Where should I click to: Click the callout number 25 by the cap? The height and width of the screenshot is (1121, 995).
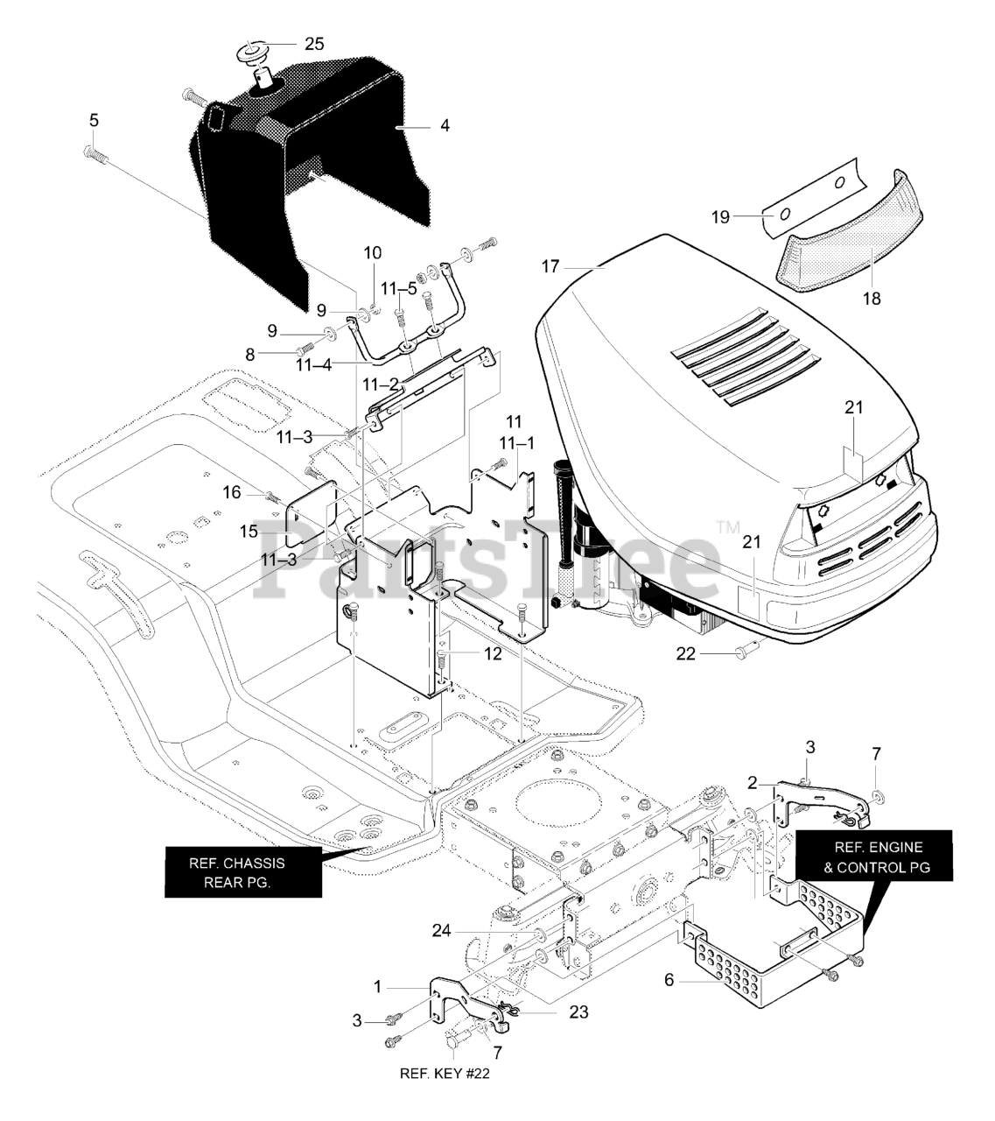(313, 43)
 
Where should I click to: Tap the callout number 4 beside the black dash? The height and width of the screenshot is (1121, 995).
(445, 126)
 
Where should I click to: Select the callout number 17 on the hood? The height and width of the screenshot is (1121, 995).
(550, 266)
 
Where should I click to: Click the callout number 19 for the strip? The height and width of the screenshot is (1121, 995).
(720, 217)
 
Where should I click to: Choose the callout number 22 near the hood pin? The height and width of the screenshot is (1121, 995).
(686, 653)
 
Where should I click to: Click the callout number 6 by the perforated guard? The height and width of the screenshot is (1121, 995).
(669, 980)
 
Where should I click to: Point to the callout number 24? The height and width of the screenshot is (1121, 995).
(441, 930)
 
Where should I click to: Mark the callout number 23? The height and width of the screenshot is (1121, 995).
(578, 1012)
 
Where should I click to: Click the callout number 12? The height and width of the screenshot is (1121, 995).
(493, 653)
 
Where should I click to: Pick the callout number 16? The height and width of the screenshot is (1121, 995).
(232, 493)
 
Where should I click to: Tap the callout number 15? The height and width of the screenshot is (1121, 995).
(249, 532)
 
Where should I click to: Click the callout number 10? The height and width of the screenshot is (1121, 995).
(373, 253)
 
